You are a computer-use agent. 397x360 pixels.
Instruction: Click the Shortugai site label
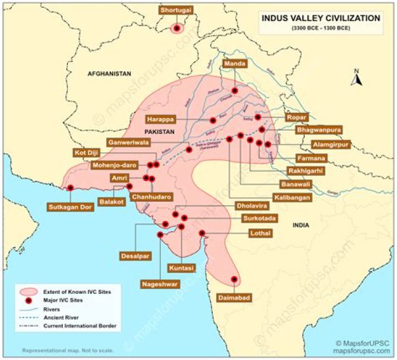tap(177, 10)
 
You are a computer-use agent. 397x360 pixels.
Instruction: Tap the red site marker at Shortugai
tap(177, 28)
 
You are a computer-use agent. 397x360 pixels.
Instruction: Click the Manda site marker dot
tap(234, 90)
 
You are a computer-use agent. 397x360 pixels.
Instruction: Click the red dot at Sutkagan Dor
tap(71, 188)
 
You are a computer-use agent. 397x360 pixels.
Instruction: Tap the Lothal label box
tap(259, 233)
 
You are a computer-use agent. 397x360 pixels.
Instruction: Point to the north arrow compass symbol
tap(357, 78)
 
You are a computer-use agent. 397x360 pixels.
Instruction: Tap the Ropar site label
tap(295, 117)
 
